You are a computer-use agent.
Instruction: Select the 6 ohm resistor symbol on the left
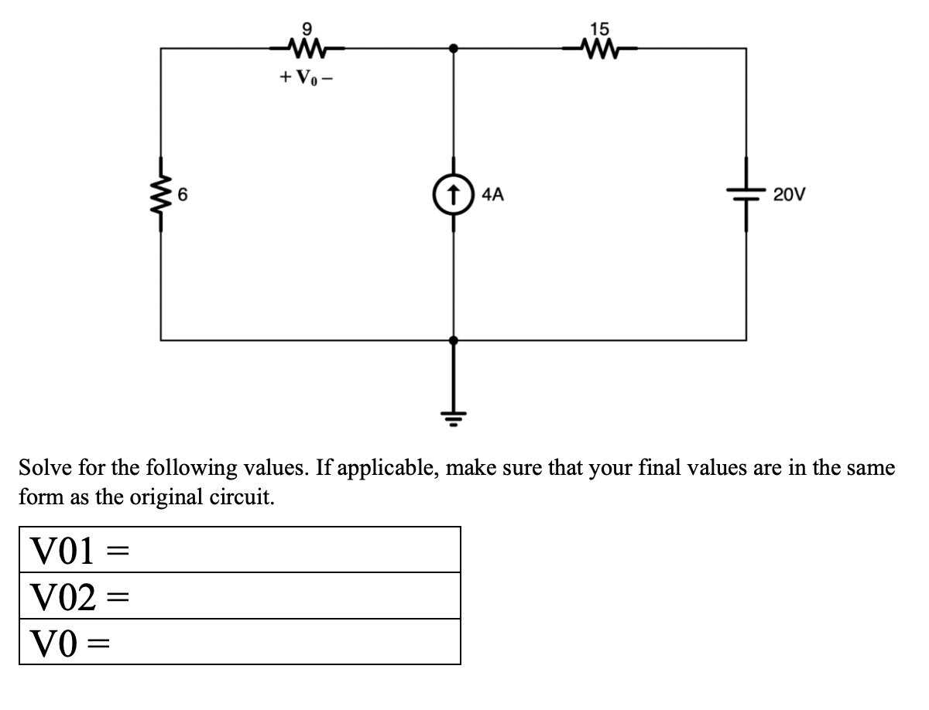[x=161, y=195]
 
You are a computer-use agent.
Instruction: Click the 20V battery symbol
[x=746, y=195]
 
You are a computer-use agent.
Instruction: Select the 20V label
[x=790, y=195]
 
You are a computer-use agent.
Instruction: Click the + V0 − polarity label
[x=307, y=78]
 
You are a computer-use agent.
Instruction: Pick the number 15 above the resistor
[x=599, y=29]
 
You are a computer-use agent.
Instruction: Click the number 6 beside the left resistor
[x=183, y=195]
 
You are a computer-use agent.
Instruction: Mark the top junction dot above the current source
[x=454, y=48]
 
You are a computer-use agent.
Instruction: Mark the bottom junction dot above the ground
[x=454, y=339]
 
